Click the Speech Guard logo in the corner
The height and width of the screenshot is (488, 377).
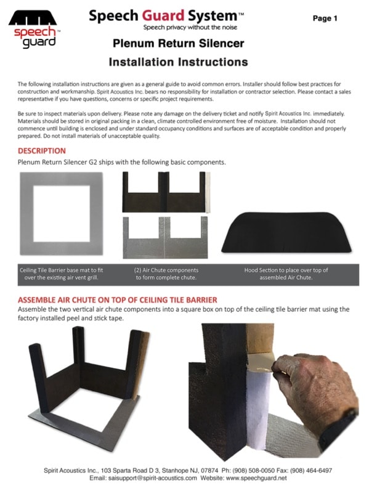[34, 28]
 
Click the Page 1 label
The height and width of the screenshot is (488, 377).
[325, 18]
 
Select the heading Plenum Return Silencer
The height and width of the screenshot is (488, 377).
[179, 44]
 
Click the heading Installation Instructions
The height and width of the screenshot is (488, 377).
[179, 62]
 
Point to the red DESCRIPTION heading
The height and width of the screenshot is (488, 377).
[41, 151]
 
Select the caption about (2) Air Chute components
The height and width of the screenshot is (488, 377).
[166, 274]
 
